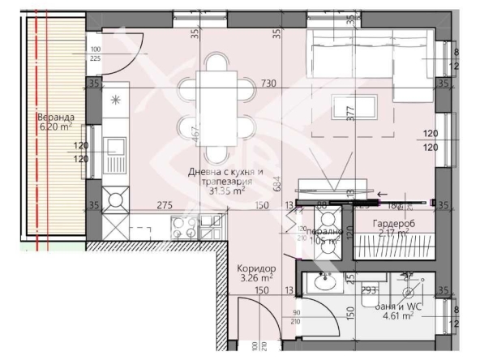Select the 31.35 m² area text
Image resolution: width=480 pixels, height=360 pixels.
(x=228, y=192)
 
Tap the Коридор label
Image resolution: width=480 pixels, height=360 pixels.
(x=257, y=268)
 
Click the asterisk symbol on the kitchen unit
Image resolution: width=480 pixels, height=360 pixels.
(x=115, y=101)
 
